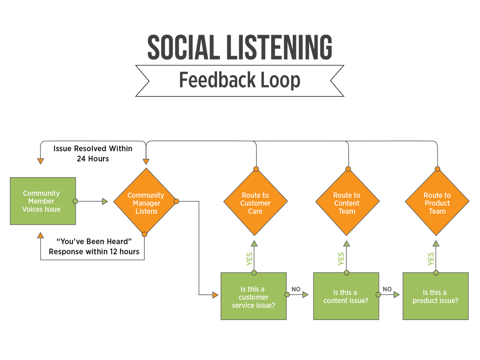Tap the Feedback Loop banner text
[x=239, y=80]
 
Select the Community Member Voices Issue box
[x=42, y=201]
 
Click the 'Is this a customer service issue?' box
[x=253, y=297]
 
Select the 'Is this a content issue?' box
[x=346, y=297]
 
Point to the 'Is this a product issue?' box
[x=435, y=297]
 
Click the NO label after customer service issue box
[x=296, y=289]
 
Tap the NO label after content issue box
[x=386, y=289]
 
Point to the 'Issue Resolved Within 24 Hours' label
[x=93, y=153]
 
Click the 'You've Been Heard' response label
[x=94, y=247]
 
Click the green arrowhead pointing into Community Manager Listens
[x=105, y=202]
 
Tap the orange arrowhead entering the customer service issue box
[x=215, y=295]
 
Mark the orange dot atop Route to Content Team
[x=346, y=169]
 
